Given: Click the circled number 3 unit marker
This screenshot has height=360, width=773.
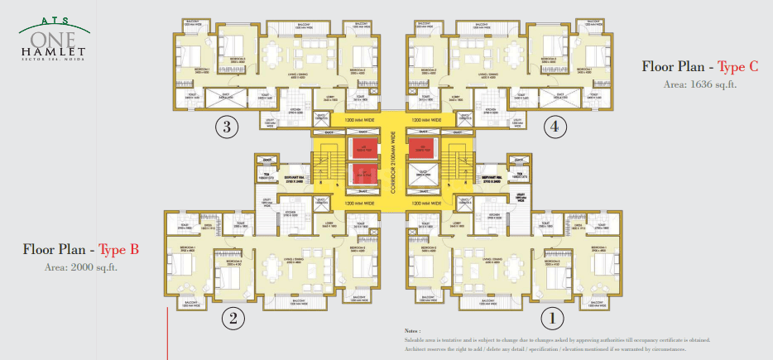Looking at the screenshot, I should click(x=227, y=127).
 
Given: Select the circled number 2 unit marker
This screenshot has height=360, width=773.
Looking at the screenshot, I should click(x=233, y=318).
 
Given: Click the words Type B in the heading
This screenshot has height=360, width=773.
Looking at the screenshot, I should click(x=118, y=248).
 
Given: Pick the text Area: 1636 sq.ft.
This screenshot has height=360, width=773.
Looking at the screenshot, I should click(x=699, y=84).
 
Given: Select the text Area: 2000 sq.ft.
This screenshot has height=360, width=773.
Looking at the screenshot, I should click(x=81, y=266).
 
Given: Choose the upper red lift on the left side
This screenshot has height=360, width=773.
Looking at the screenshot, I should click(x=360, y=150).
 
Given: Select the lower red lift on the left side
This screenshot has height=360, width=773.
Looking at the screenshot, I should click(x=360, y=175).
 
